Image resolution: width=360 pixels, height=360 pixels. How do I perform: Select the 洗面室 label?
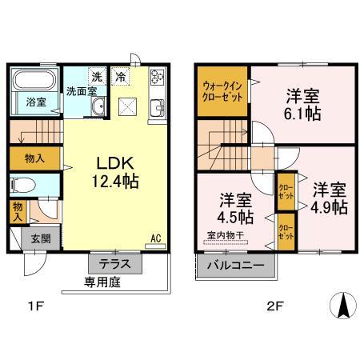pyautogui.click(x=81, y=91)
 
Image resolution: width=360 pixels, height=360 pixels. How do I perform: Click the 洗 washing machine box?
pyautogui.click(x=96, y=77)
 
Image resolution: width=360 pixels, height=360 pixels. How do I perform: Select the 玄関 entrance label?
pyautogui.click(x=41, y=238)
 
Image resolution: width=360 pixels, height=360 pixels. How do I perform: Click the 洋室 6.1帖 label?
pyautogui.click(x=303, y=105)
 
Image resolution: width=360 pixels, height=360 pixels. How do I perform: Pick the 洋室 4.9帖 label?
pyautogui.click(x=330, y=198)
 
